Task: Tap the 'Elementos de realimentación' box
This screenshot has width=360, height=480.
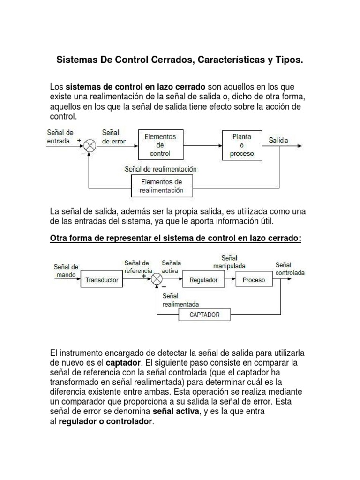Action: pos(161,186)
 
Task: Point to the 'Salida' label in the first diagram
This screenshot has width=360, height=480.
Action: pos(278,140)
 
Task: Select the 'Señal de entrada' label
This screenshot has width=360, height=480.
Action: pos(60,136)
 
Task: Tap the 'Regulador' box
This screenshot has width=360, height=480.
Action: pos(203,280)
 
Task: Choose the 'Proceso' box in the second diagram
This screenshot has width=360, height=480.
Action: pos(254,280)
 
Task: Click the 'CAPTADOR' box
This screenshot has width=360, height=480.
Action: pos(204,315)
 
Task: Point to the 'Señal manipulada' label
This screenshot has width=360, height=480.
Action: pos(230,262)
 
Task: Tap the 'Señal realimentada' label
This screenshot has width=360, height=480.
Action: pos(180,300)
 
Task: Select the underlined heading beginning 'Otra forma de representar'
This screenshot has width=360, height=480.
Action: pos(175,239)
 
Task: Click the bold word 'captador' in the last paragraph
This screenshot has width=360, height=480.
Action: pos(123,363)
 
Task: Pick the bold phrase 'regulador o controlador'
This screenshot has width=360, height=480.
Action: pos(105,421)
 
